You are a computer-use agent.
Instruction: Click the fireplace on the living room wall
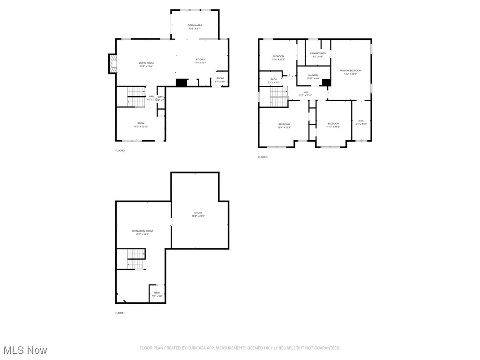click(x=112, y=64)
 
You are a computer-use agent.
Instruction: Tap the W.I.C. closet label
click(x=361, y=123)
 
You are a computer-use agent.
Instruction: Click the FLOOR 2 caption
click(x=120, y=150)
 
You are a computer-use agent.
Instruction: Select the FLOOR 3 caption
click(x=263, y=157)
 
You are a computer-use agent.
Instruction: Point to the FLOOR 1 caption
click(x=120, y=313)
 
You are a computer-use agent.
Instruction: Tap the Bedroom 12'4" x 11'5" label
click(x=278, y=58)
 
